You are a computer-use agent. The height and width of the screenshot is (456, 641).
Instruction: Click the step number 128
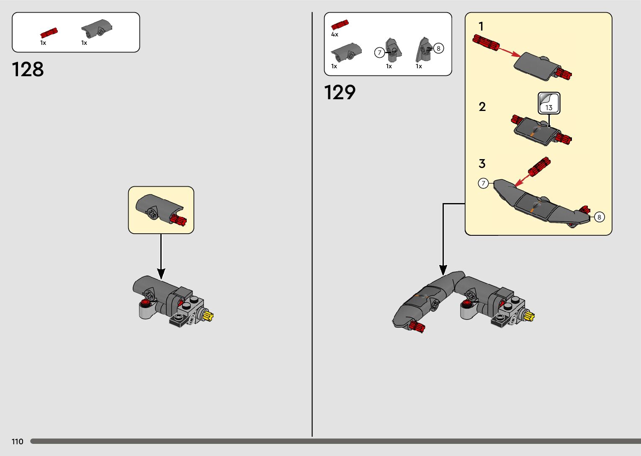(28, 70)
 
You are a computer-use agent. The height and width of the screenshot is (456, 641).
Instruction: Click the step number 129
(340, 93)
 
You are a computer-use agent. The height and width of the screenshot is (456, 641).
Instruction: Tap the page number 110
(18, 441)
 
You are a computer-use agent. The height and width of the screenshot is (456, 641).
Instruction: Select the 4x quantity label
(335, 34)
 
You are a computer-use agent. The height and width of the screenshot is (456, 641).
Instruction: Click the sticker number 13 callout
(548, 103)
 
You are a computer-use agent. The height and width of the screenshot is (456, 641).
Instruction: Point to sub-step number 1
(481, 26)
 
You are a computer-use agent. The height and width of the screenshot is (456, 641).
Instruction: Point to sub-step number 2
(482, 107)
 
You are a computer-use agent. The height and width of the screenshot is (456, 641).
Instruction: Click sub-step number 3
(482, 163)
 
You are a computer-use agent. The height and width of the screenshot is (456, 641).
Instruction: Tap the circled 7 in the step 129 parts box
(379, 52)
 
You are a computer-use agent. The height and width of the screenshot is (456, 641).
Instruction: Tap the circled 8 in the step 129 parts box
(438, 48)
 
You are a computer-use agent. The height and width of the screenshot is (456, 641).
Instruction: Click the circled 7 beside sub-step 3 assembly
(483, 183)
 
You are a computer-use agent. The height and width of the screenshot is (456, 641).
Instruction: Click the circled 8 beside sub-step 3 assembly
(599, 217)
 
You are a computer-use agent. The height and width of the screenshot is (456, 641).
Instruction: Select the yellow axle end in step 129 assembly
(529, 316)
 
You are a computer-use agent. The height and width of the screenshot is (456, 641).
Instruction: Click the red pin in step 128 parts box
(49, 33)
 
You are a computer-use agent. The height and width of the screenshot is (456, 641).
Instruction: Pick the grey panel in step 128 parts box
(97, 28)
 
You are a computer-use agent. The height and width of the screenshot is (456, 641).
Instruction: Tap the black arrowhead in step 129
(443, 270)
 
